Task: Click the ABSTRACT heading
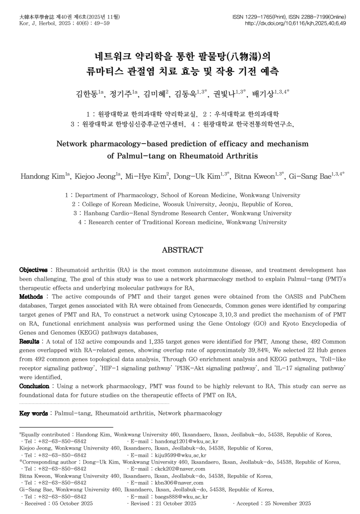(182, 250)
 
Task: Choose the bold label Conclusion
(34, 387)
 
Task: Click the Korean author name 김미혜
(154, 94)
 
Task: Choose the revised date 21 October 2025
(175, 504)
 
